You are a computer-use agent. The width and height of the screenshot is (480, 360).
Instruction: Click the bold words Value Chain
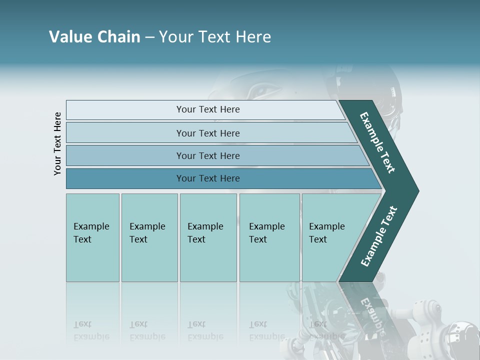tap(94, 37)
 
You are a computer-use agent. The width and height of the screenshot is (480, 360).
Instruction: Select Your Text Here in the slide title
tap(215, 37)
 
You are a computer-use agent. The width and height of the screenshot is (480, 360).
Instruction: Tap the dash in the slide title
tap(149, 37)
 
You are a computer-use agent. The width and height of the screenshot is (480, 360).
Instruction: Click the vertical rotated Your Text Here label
tap(57, 143)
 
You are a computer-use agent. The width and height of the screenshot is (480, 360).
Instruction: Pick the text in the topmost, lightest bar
tap(208, 109)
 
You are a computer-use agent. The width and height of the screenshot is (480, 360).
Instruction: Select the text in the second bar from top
tap(208, 133)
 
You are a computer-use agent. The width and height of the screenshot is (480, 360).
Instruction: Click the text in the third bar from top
tap(208, 155)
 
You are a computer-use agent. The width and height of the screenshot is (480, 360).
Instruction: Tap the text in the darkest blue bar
tap(208, 178)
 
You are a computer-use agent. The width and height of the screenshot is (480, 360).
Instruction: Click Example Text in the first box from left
tap(91, 233)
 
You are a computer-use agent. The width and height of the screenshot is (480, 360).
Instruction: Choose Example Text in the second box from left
tap(147, 233)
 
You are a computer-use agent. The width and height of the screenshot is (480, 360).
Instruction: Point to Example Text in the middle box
tap(205, 233)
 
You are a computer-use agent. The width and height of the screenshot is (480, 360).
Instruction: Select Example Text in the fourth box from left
tap(266, 233)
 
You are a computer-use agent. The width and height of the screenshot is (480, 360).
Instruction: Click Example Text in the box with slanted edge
tap(326, 233)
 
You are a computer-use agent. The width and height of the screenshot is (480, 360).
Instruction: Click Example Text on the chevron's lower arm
tap(379, 236)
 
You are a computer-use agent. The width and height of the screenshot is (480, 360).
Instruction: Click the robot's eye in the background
tap(265, 91)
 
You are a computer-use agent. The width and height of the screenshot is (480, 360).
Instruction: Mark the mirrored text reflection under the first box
tap(91, 330)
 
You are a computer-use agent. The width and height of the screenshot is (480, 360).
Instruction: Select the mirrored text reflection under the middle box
tap(205, 330)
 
